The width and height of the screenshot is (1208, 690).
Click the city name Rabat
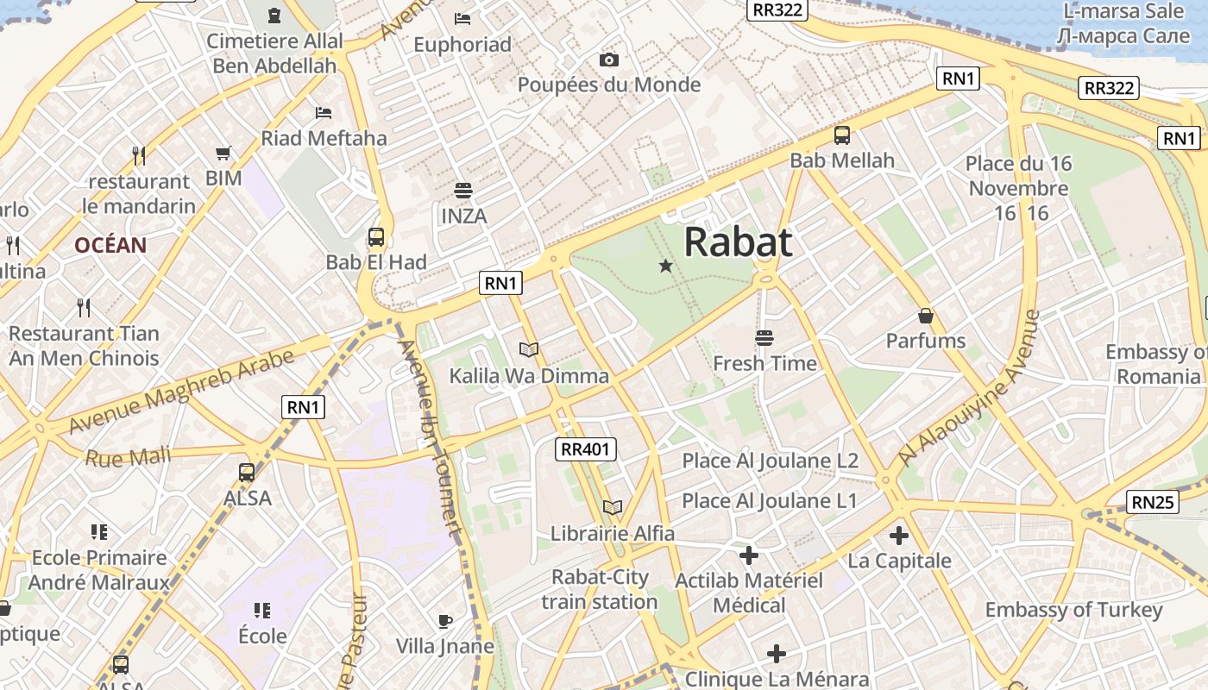[x=738, y=242]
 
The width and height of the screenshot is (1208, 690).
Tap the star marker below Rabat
[x=665, y=266]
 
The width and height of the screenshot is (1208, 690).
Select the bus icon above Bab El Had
[x=375, y=237]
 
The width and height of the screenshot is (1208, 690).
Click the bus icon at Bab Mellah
[x=841, y=135]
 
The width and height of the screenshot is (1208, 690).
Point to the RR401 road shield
[x=585, y=448]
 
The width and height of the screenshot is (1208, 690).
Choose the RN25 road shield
[x=1153, y=501]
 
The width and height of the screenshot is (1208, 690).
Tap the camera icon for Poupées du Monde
[x=609, y=60]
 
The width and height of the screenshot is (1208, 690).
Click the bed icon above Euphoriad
[x=462, y=19]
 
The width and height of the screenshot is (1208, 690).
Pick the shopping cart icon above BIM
[x=223, y=154]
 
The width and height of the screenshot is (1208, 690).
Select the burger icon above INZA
[x=463, y=191]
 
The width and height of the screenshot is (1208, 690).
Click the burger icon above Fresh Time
[x=764, y=337]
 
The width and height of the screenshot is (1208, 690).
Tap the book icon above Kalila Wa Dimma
[x=529, y=349]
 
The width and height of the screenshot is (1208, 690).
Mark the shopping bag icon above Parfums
[x=926, y=316]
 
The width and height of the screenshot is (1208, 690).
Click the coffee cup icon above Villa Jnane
[x=444, y=620]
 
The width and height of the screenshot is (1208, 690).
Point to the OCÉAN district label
[x=110, y=245]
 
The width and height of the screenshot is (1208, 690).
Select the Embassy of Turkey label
[x=1073, y=610]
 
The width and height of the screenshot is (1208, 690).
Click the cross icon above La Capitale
[x=899, y=536]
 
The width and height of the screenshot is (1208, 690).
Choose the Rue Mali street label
[x=128, y=455]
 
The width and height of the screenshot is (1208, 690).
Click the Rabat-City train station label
[x=601, y=589]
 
